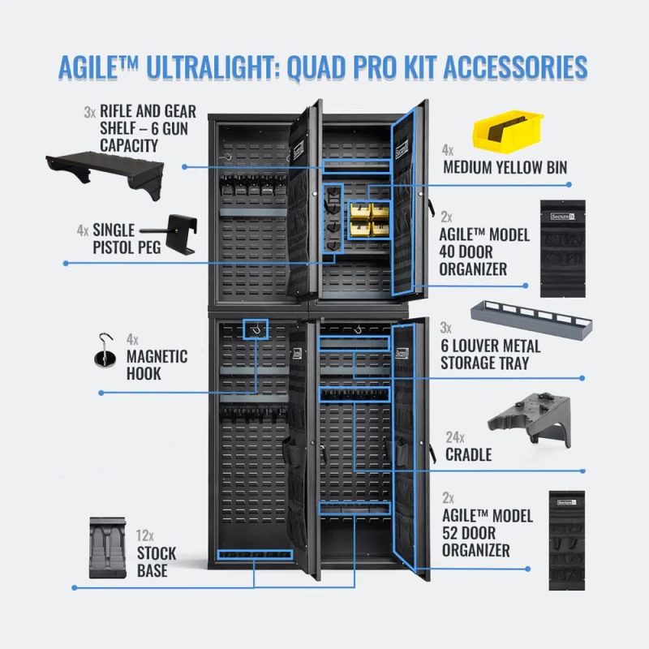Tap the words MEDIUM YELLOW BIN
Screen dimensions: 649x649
(504, 168)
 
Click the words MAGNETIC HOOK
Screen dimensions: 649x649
(157, 365)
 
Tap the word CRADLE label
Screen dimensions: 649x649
(468, 454)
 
